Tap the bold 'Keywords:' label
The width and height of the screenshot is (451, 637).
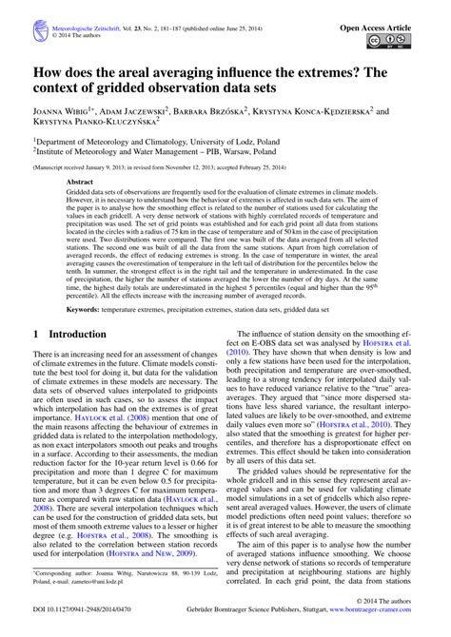pyautogui.click(x=87, y=309)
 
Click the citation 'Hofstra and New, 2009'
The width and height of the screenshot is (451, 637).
pyautogui.click(x=162, y=577)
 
